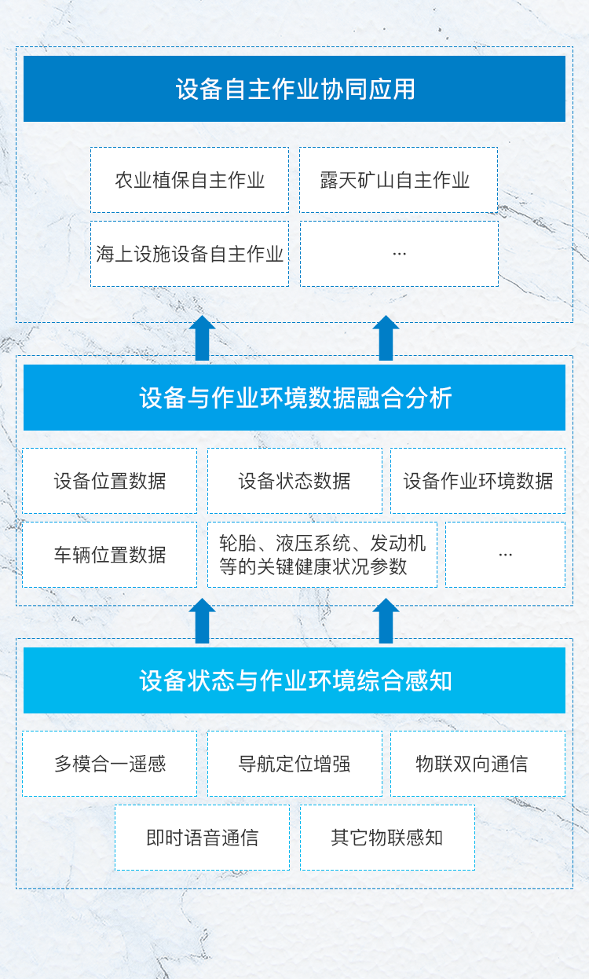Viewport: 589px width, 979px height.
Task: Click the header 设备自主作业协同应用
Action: click(x=294, y=89)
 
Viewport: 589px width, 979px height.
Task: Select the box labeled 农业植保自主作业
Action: click(x=189, y=180)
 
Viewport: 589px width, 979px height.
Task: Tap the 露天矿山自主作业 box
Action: click(x=398, y=180)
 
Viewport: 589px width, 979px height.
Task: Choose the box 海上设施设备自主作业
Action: click(x=189, y=254)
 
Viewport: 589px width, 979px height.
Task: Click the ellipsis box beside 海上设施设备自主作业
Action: click(x=399, y=254)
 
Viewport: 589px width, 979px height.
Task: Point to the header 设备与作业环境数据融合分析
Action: click(x=294, y=398)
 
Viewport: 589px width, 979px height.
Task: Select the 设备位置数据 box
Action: click(x=110, y=481)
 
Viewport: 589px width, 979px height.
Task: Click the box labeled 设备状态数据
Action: click(x=294, y=481)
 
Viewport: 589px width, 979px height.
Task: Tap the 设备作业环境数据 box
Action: click(x=478, y=481)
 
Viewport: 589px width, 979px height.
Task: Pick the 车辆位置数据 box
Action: click(x=110, y=555)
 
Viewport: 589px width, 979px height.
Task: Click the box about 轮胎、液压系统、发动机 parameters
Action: click(x=323, y=555)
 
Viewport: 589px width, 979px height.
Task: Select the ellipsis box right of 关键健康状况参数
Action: click(x=506, y=555)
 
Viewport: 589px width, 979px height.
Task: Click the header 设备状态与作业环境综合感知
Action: click(x=294, y=680)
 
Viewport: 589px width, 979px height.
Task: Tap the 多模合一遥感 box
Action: click(x=110, y=764)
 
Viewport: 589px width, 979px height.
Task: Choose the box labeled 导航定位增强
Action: click(x=294, y=764)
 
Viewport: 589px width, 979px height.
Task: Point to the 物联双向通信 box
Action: click(x=478, y=764)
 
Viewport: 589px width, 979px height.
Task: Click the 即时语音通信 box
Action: click(x=203, y=838)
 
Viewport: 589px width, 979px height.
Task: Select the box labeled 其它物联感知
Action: click(x=388, y=838)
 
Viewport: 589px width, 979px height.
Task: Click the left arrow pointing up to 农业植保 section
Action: click(x=202, y=338)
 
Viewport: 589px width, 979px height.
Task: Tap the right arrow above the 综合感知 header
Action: click(x=386, y=621)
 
